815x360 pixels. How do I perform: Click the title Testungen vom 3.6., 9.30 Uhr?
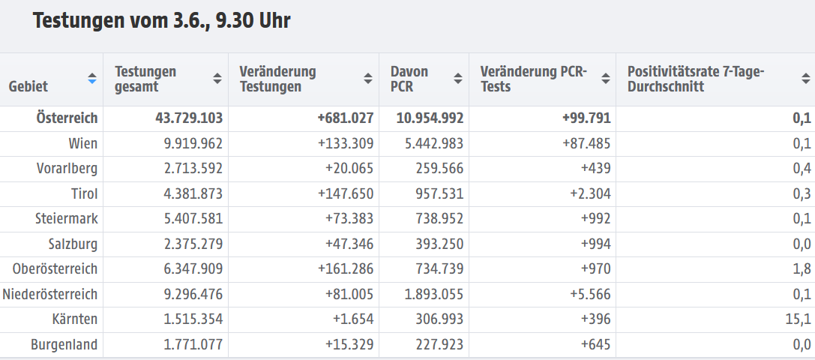[x=161, y=21]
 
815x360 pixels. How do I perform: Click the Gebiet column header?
[x=28, y=86]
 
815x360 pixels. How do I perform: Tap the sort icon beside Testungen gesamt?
[x=217, y=78]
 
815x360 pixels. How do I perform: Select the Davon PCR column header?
[x=409, y=79]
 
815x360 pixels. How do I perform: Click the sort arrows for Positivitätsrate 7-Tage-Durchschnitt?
[x=805, y=78]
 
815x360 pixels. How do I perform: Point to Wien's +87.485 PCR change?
[x=583, y=143]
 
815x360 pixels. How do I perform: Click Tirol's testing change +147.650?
[x=345, y=193]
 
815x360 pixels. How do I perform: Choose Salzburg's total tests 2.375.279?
[x=189, y=244]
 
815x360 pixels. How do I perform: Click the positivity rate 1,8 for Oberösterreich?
[x=802, y=269]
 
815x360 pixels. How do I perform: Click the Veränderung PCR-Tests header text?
[x=534, y=79]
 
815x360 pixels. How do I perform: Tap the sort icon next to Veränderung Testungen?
[x=368, y=78]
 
